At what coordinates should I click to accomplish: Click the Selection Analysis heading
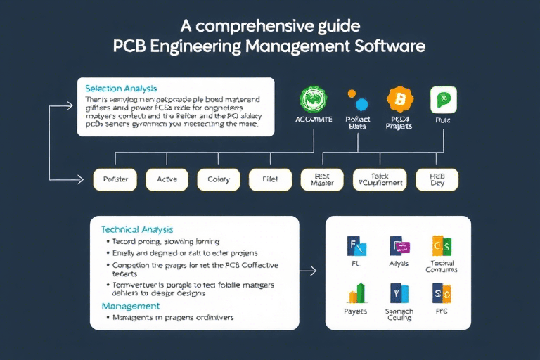(x=120, y=89)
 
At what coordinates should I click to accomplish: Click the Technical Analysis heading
(x=136, y=229)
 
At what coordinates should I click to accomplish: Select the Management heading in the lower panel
(x=130, y=306)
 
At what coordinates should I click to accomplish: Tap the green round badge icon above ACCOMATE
(x=313, y=101)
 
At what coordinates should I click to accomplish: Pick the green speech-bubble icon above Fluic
(x=443, y=99)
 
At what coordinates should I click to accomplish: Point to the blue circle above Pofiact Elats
(x=363, y=105)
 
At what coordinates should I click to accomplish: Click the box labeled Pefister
(x=115, y=180)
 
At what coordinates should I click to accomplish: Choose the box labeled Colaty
(x=218, y=180)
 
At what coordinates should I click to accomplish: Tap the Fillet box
(x=270, y=180)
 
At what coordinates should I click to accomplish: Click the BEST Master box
(x=322, y=179)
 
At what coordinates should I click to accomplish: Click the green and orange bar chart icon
(x=357, y=292)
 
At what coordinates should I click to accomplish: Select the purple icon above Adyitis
(x=399, y=246)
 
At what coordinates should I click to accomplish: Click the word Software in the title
(x=390, y=47)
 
